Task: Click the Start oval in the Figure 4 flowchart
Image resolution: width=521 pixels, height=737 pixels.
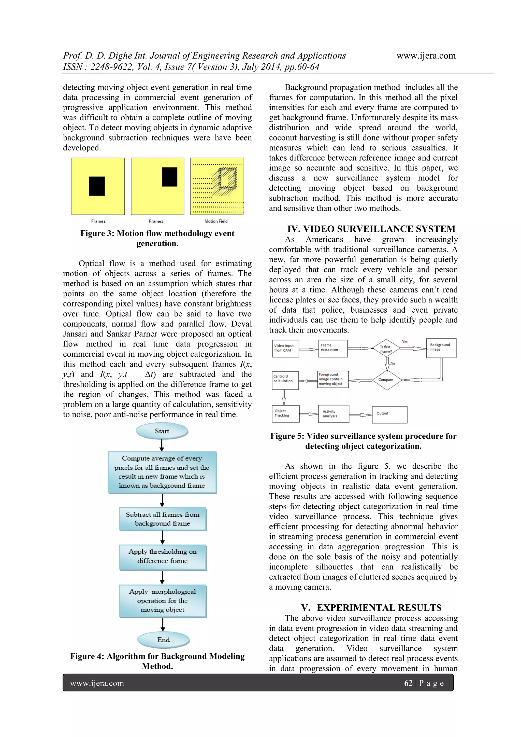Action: click(x=162, y=431)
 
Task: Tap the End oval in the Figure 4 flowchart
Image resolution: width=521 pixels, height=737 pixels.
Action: click(x=164, y=640)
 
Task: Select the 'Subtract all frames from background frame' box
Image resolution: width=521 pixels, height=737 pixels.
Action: click(x=162, y=519)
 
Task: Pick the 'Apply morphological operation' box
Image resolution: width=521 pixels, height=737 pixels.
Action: click(x=162, y=601)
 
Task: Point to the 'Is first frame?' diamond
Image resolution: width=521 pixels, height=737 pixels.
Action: click(x=386, y=349)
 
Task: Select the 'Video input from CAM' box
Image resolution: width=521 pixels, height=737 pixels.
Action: click(x=285, y=348)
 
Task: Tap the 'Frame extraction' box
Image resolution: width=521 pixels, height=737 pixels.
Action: click(x=333, y=348)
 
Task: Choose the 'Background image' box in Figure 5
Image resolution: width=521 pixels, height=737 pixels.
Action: click(x=441, y=348)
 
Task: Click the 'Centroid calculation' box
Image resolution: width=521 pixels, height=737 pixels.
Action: click(x=285, y=380)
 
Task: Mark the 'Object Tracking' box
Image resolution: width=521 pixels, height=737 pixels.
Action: click(x=285, y=413)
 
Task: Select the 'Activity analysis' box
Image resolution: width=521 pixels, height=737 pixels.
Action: click(x=333, y=414)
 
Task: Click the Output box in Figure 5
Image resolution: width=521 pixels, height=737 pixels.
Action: click(x=389, y=414)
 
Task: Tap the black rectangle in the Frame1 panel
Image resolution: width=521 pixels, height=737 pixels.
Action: click(x=97, y=186)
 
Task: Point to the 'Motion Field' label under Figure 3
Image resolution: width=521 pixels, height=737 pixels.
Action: click(x=216, y=221)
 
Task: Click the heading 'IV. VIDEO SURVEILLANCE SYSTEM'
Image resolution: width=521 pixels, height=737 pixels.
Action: click(x=371, y=229)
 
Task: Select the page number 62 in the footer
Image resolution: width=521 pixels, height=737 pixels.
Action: click(x=408, y=683)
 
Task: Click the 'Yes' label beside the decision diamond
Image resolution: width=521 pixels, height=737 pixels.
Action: click(x=405, y=342)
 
